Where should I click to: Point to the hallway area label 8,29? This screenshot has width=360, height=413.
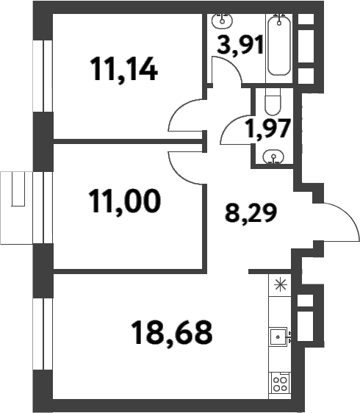click(246, 215)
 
